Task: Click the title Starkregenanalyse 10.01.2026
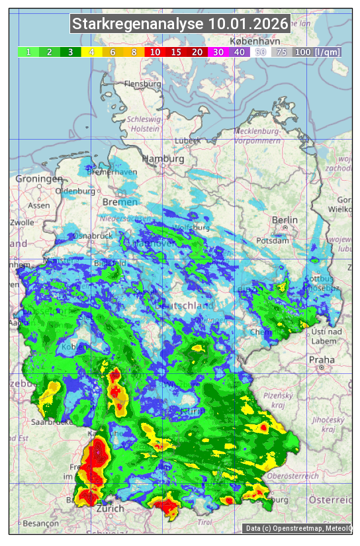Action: tap(180, 24)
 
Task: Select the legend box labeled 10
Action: tap(155, 52)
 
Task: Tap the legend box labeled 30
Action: tap(218, 52)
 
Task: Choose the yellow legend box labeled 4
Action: tap(92, 52)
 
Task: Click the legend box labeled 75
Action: tap(281, 52)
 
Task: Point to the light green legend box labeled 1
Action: tap(28, 52)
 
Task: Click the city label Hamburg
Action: tap(163, 159)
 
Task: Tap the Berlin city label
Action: tap(285, 220)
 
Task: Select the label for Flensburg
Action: tap(142, 85)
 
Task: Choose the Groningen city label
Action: tap(39, 179)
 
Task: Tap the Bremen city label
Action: tap(120, 202)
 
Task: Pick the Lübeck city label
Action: tap(187, 141)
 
